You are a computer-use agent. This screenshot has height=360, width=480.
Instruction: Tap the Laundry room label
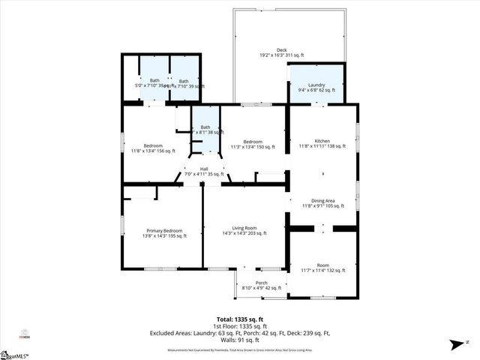click(x=316, y=85)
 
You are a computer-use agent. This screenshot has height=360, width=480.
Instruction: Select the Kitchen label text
click(x=322, y=141)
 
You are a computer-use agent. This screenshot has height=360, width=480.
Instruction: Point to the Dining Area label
click(x=323, y=200)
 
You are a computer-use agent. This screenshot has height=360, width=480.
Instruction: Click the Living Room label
click(x=244, y=227)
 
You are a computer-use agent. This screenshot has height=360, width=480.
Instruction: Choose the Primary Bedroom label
click(x=164, y=231)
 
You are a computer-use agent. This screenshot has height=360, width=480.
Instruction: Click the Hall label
click(x=204, y=169)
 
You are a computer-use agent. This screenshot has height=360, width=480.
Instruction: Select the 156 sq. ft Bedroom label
click(x=153, y=145)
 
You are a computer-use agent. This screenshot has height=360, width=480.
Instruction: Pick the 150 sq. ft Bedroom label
click(x=253, y=141)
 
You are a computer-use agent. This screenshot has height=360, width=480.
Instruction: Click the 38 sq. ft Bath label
click(x=205, y=127)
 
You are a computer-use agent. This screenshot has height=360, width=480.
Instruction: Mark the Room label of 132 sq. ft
click(x=323, y=265)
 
